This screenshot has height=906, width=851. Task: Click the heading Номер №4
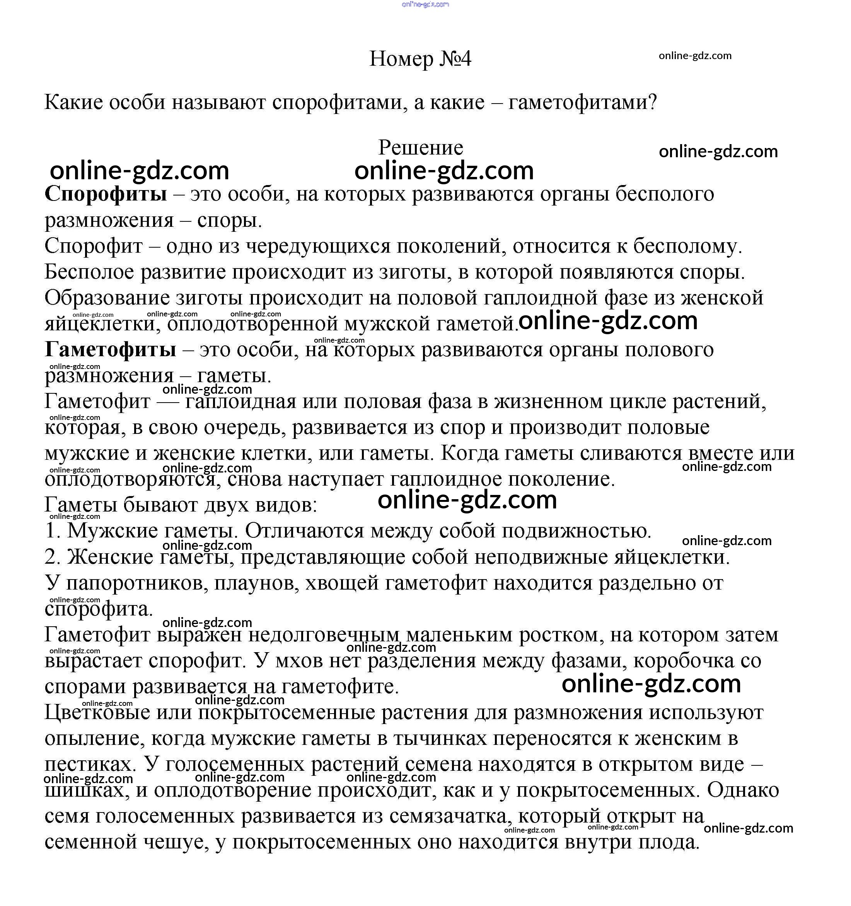[x=420, y=59]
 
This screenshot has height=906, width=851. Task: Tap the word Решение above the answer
[x=421, y=148]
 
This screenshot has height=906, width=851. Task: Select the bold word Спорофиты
[x=106, y=194]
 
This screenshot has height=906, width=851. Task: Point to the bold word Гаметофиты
[x=110, y=350]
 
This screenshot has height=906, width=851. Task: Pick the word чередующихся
[x=318, y=246]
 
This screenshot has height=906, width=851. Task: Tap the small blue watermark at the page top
[x=425, y=4]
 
